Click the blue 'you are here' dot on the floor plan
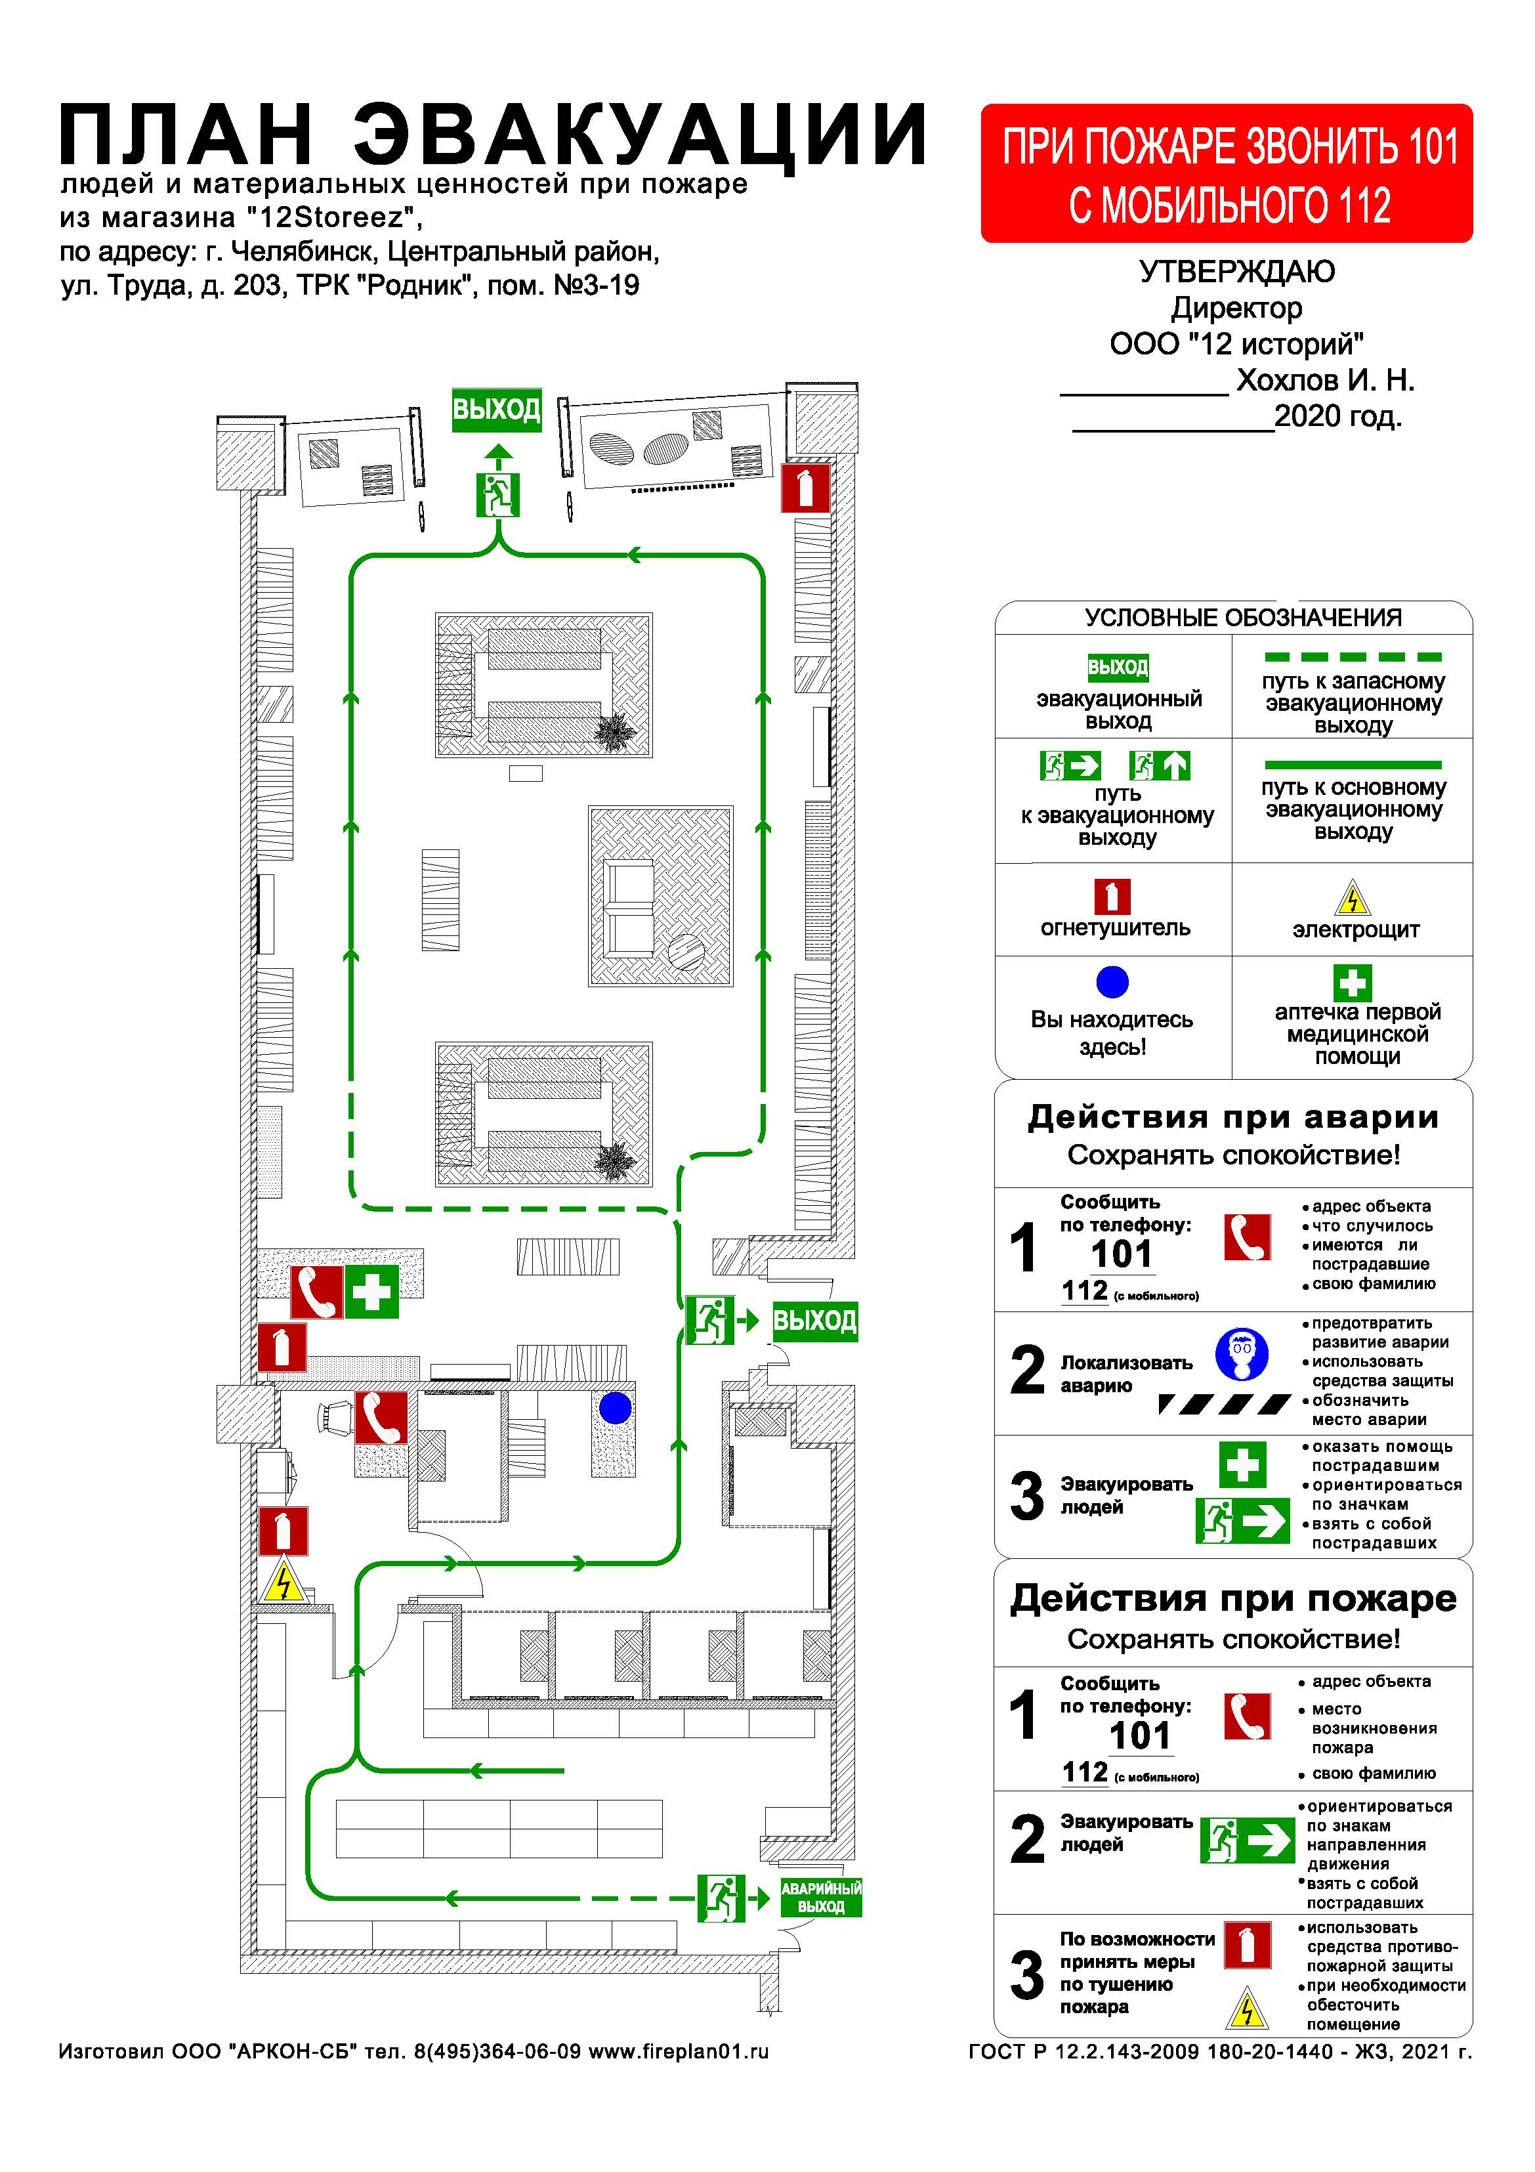tap(615, 1409)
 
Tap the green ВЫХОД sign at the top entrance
tap(497, 410)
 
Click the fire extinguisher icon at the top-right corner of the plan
tap(805, 488)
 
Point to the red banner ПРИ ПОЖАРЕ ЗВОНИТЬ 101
tap(1226, 174)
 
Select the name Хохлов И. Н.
tap(1325, 380)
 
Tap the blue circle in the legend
tap(1112, 982)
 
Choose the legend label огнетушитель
tap(1115, 928)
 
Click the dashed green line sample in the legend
tap(1353, 656)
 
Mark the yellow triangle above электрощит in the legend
tap(1353, 899)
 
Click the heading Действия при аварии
tap(1232, 1117)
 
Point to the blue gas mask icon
tap(1242, 1355)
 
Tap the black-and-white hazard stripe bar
tap(1224, 1404)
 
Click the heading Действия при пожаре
tap(1232, 1599)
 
